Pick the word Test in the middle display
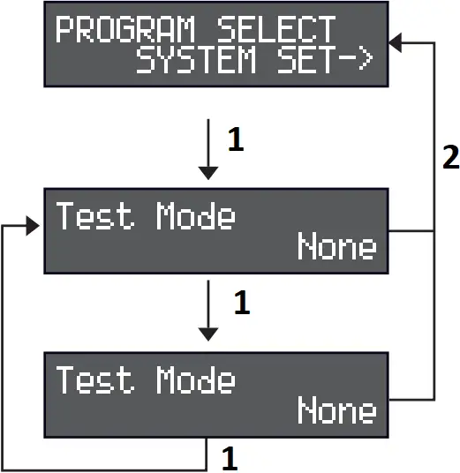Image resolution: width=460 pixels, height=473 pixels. pos(96,215)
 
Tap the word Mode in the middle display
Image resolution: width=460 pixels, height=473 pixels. pos(196,215)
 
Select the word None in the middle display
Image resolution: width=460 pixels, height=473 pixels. pos(336,246)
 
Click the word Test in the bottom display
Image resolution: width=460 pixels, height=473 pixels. pos(96,380)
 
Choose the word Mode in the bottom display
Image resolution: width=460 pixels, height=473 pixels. pos(196,380)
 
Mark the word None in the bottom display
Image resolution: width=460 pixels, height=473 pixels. pos(336,410)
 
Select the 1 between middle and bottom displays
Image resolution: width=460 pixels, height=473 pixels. pos(241,304)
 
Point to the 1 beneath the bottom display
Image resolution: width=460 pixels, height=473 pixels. pos(229,458)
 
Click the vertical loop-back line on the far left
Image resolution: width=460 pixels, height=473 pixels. pos(4,344)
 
